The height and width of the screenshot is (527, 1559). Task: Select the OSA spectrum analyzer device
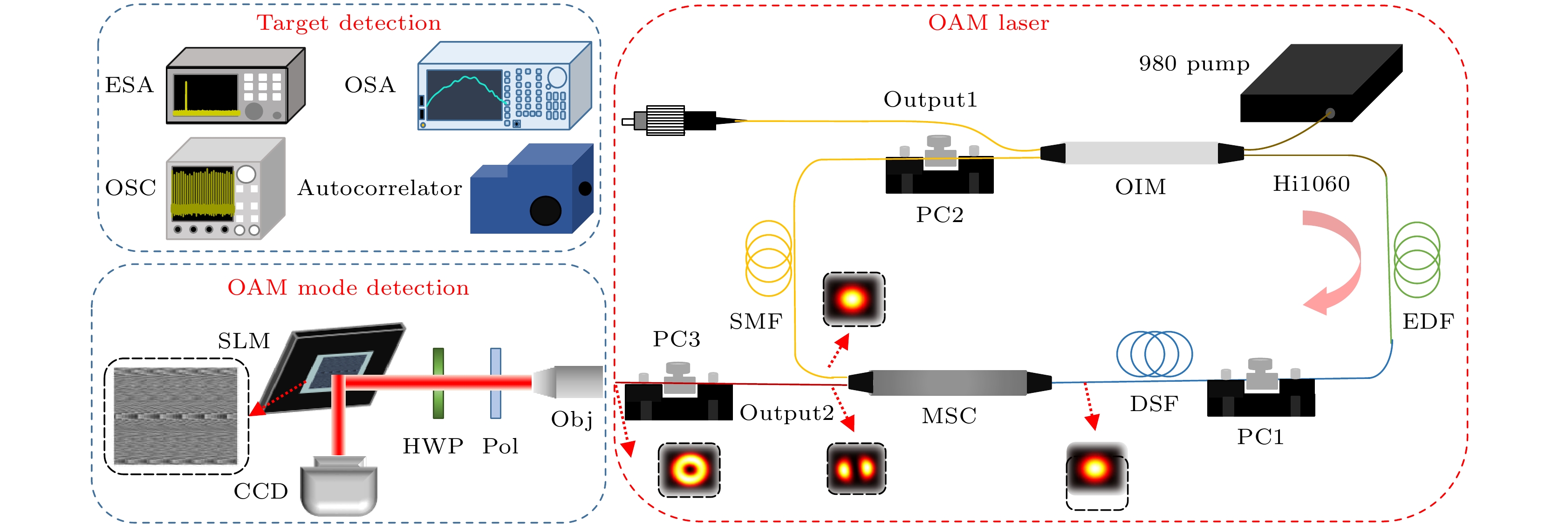click(504, 87)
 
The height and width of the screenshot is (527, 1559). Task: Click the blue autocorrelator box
click(531, 190)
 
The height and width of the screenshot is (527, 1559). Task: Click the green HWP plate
click(438, 383)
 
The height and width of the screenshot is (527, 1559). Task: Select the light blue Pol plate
click(496, 383)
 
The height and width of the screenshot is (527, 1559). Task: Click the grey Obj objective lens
click(569, 381)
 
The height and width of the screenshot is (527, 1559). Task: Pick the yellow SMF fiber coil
click(769, 258)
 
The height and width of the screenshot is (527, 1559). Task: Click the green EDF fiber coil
click(1416, 260)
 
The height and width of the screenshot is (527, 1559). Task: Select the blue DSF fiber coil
click(1154, 354)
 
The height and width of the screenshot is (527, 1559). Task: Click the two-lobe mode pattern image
click(856, 468)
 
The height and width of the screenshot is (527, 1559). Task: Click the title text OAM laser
click(988, 23)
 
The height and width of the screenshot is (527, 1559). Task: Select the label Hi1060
click(1311, 184)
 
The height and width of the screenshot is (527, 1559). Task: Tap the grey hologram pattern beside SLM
click(176, 416)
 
